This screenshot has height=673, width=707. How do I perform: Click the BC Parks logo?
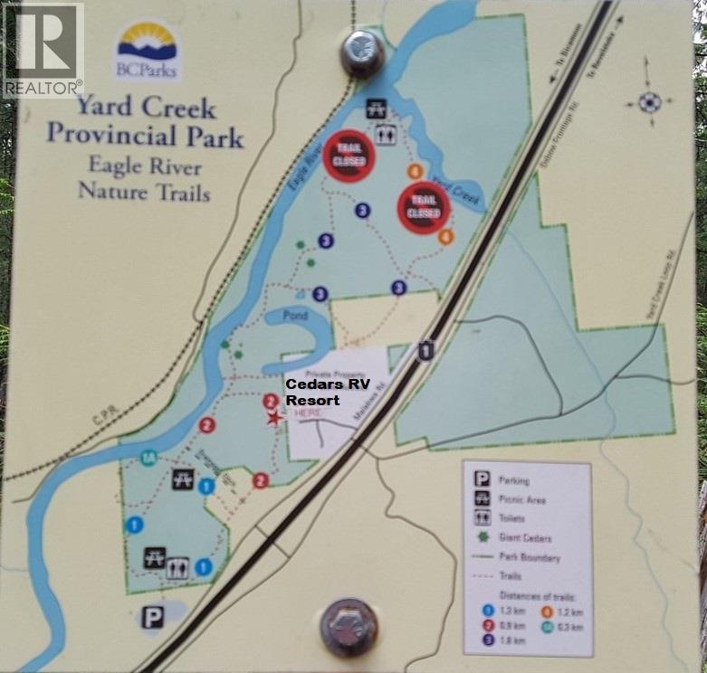click(148, 50)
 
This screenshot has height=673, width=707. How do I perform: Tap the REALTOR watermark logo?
click(42, 50)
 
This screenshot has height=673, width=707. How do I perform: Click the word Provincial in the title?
click(145, 137)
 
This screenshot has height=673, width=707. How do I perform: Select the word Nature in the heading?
click(115, 192)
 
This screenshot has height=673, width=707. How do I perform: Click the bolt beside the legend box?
click(349, 625)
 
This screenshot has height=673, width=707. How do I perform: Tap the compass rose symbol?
click(648, 101)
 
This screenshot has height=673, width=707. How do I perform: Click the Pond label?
click(295, 317)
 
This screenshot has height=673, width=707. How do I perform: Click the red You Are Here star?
click(272, 419)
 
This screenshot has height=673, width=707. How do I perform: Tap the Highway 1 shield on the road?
click(425, 349)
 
